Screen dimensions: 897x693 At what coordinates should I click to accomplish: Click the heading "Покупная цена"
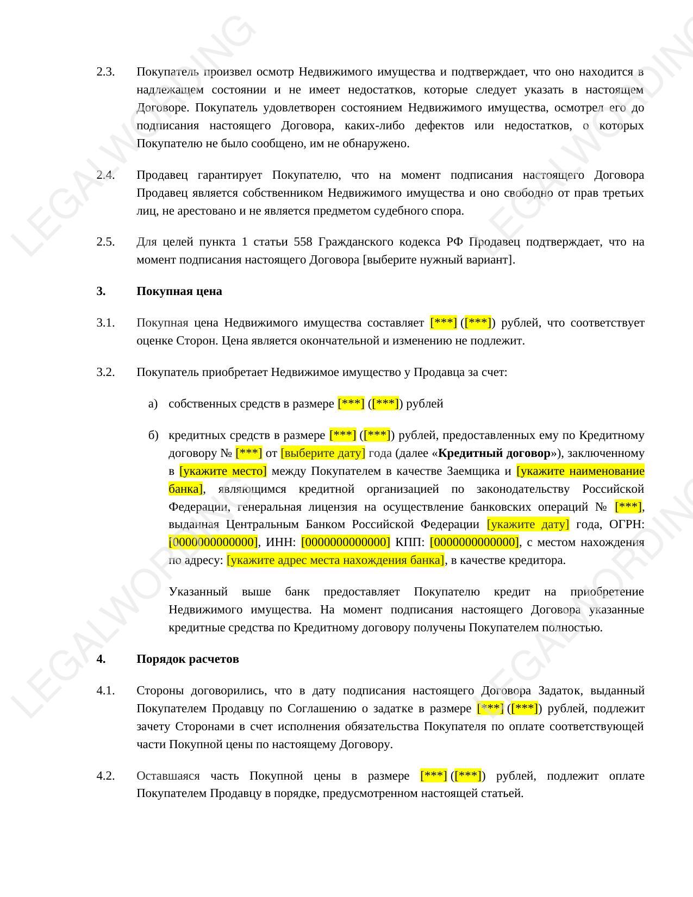tap(179, 291)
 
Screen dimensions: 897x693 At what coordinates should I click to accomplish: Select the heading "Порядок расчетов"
tap(188, 659)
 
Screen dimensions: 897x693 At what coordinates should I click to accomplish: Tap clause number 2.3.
tap(105, 72)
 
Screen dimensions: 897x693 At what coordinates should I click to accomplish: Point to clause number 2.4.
tap(105, 175)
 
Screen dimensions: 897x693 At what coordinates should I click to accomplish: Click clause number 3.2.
tap(105, 372)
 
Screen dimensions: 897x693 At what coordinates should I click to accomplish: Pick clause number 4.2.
tap(105, 775)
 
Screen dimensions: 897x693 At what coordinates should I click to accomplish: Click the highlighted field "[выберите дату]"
tap(323, 453)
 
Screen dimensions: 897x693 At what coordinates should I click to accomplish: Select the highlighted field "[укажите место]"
tap(223, 471)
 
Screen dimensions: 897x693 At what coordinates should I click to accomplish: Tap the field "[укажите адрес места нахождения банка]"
tap(335, 560)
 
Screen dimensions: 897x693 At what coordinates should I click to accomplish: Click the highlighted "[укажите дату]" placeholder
tap(528, 524)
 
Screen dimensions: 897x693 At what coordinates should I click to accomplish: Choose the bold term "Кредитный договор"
tap(494, 453)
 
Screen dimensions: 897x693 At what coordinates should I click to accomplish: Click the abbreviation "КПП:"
tap(410, 542)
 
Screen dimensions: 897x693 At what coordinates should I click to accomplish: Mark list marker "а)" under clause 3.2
tap(153, 404)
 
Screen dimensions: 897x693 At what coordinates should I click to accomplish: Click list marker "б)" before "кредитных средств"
tap(153, 435)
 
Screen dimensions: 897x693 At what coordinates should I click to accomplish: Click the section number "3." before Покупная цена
tap(101, 291)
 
